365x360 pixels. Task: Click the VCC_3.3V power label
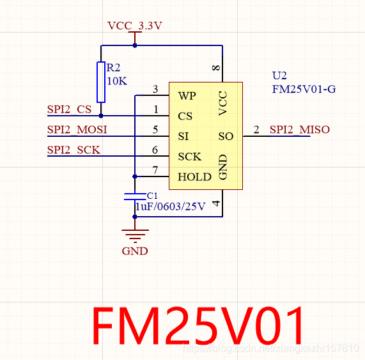pyautogui.click(x=135, y=26)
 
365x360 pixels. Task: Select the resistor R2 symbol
pyautogui.click(x=101, y=82)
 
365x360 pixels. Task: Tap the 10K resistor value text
pyautogui.click(x=117, y=81)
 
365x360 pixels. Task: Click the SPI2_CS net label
pyautogui.click(x=70, y=109)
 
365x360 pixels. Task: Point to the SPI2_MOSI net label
pyautogui.click(x=77, y=130)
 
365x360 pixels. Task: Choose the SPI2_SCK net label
pyautogui.click(x=73, y=150)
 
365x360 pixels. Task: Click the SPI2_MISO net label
pyautogui.click(x=299, y=130)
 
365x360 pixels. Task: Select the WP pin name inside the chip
pyautogui.click(x=187, y=96)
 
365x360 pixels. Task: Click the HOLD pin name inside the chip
pyautogui.click(x=194, y=176)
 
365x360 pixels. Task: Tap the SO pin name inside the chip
pyautogui.click(x=226, y=136)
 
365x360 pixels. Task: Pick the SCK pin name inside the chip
pyautogui.click(x=190, y=157)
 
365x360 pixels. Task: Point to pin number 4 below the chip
pyautogui.click(x=215, y=204)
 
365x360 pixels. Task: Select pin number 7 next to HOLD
pyautogui.click(x=155, y=170)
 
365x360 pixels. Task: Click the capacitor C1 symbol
pyautogui.click(x=134, y=196)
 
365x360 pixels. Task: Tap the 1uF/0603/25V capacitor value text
pyautogui.click(x=170, y=207)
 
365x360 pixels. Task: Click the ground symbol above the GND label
pyautogui.click(x=135, y=235)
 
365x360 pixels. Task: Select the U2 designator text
pyautogui.click(x=279, y=75)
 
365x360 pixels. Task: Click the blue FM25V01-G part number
pyautogui.click(x=304, y=89)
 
